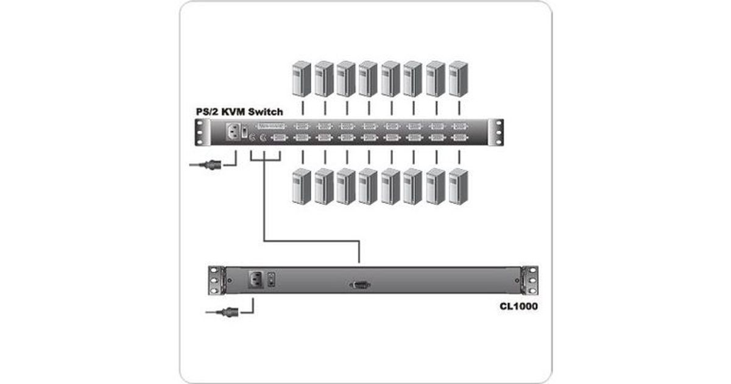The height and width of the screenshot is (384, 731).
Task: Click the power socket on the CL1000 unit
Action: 255,280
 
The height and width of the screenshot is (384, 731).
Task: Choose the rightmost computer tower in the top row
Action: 458,78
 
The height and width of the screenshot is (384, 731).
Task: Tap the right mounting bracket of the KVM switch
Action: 500,133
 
